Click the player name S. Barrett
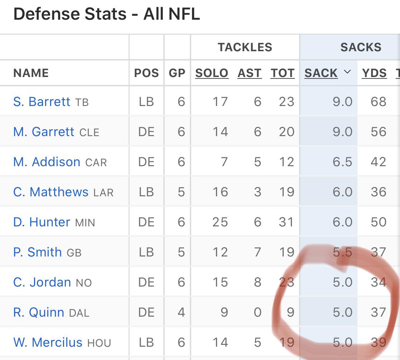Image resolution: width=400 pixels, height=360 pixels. click(x=42, y=102)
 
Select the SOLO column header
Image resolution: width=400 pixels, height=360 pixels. click(x=212, y=73)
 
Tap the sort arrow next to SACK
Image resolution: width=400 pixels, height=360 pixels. click(x=347, y=72)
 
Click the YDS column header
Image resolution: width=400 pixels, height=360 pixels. click(x=374, y=73)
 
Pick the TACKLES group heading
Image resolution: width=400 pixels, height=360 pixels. click(x=245, y=47)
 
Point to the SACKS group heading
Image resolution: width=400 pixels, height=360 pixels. click(x=361, y=47)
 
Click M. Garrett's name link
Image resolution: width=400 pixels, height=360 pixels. click(x=44, y=132)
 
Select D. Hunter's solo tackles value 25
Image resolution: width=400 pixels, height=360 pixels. click(x=220, y=222)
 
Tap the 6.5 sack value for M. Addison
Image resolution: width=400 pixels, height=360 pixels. click(x=342, y=162)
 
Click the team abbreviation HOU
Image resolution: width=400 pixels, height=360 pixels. click(x=99, y=343)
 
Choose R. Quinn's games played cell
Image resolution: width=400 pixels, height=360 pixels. click(x=181, y=312)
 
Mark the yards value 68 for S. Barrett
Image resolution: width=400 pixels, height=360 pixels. click(x=379, y=102)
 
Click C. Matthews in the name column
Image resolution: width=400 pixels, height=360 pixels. click(x=50, y=192)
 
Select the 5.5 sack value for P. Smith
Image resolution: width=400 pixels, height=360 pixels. click(x=342, y=252)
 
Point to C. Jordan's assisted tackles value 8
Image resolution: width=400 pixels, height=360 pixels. click(x=257, y=282)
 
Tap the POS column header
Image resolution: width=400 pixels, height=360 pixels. click(x=146, y=73)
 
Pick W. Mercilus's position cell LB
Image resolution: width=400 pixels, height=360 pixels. click(x=146, y=342)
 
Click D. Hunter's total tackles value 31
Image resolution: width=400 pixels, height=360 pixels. click(x=286, y=222)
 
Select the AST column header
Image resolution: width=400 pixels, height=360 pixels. click(x=250, y=73)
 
